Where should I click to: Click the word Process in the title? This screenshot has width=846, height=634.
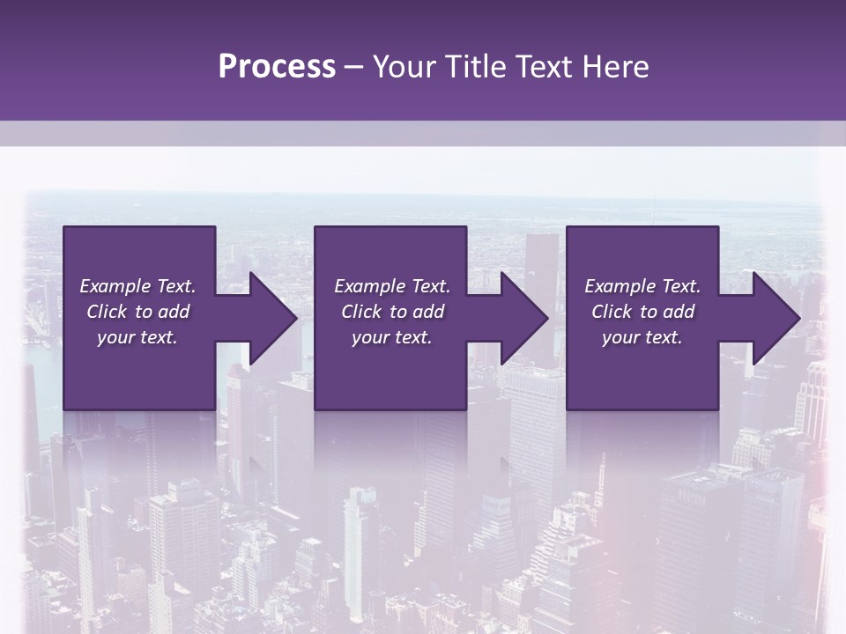click(x=277, y=67)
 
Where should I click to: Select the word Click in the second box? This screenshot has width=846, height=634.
click(x=361, y=312)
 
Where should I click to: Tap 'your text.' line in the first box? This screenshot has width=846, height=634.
click(x=137, y=337)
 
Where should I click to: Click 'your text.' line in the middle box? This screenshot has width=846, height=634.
click(x=392, y=337)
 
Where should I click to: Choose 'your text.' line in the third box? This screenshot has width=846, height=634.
click(x=642, y=337)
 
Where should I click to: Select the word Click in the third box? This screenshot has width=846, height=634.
click(x=612, y=312)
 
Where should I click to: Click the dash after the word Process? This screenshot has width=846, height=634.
click(x=354, y=68)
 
